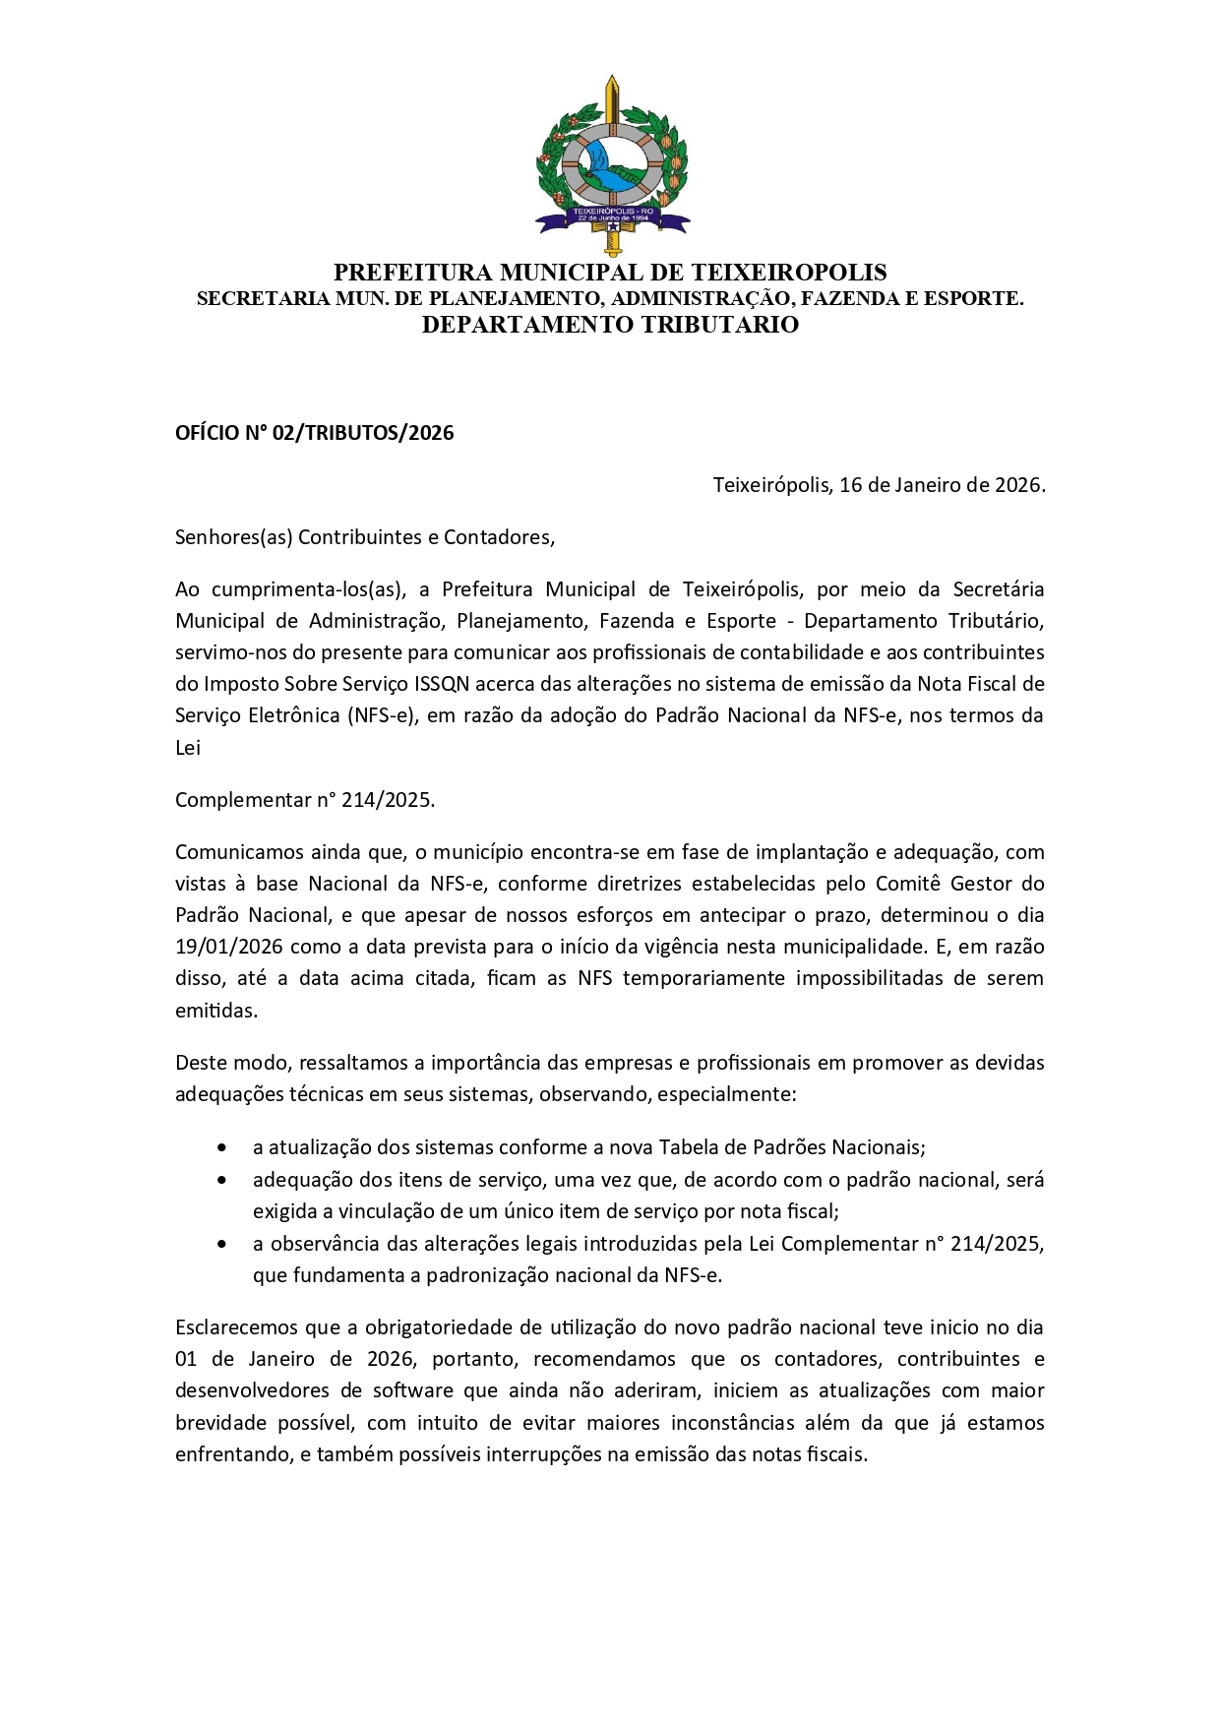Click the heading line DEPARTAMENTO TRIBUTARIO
(610, 326)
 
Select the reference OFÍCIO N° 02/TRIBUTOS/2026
(314, 433)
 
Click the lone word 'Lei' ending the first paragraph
(188, 748)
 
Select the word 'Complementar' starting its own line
(241, 800)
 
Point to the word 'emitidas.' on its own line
(216, 1011)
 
